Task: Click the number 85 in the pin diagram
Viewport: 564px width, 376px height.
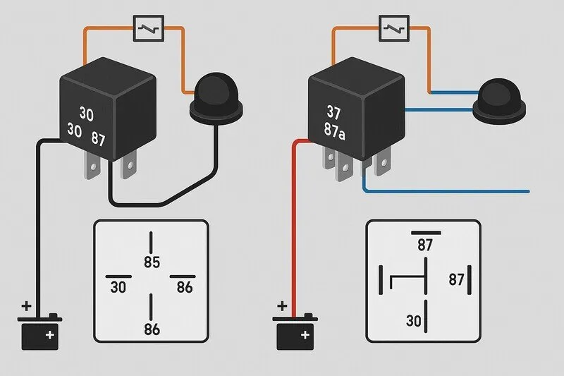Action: click(152, 262)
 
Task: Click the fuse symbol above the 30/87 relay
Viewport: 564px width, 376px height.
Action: click(149, 30)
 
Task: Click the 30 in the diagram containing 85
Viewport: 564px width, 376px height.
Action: click(118, 287)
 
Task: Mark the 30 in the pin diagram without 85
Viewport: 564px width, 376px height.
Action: click(414, 322)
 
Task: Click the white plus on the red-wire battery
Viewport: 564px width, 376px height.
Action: click(304, 336)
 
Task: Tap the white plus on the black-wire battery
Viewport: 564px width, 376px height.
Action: click(49, 336)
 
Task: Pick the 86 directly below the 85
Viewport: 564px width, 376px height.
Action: click(152, 329)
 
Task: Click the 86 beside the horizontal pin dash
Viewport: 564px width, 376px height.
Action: click(184, 287)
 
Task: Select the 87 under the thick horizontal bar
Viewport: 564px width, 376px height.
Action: click(425, 245)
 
